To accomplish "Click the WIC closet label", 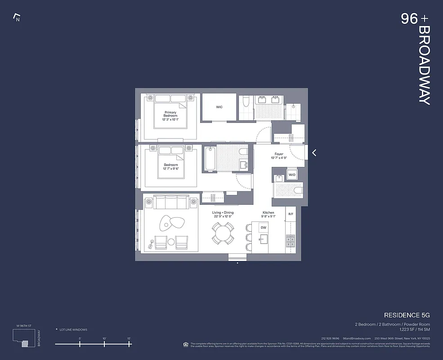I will (x=219, y=107).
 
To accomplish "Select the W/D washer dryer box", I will (x=292, y=175).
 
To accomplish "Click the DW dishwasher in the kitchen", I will (x=264, y=228).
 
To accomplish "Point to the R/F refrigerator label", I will (x=291, y=214).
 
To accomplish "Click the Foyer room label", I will (x=279, y=154).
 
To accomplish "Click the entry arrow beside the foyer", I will (x=314, y=153).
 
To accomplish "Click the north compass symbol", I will (x=17, y=18).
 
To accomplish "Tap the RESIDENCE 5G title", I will (x=407, y=315).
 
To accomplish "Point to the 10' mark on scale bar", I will (x=104, y=343).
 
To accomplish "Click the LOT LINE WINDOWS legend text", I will (x=73, y=330).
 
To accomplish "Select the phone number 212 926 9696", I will (x=330, y=338).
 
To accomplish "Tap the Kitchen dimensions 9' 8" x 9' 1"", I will (x=269, y=216).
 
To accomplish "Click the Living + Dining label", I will (x=223, y=212).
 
